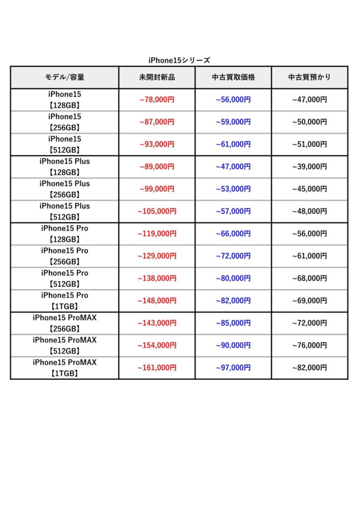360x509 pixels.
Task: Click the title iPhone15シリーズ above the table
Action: point(180,60)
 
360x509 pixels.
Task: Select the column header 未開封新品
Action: point(157,78)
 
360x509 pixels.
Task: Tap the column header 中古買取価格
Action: point(233,78)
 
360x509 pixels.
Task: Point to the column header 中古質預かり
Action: point(309,78)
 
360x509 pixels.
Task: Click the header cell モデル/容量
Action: point(65,78)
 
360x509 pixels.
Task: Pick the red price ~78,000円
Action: point(157,99)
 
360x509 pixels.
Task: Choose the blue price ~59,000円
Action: point(233,122)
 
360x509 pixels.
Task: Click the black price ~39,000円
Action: point(309,167)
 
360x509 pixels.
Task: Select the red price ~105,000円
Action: point(157,211)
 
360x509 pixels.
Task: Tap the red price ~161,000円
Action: point(157,368)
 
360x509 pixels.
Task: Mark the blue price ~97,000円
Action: point(233,368)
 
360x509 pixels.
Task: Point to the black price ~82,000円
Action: point(309,368)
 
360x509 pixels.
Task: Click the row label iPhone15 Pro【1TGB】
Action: point(65,301)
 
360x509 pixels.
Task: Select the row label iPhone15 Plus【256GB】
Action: point(65,189)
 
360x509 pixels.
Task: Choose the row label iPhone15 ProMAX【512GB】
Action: point(65,345)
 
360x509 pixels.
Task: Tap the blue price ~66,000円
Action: point(233,234)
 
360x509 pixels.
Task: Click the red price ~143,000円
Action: point(157,323)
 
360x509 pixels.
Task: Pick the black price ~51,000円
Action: point(309,144)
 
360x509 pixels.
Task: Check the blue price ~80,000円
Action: point(233,278)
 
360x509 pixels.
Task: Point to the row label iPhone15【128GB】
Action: point(65,99)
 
